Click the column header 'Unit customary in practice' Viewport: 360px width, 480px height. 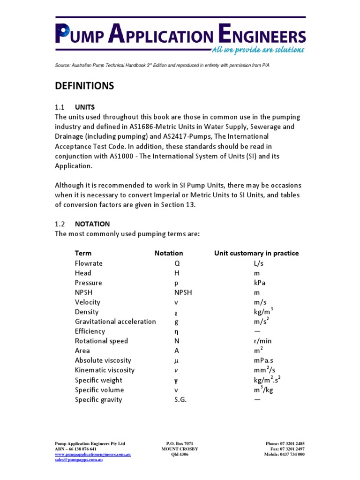pyautogui.click(x=256, y=253)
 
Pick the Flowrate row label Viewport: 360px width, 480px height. pyautogui.click(x=89, y=263)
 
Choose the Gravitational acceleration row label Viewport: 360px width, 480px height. pyautogui.click(x=115, y=322)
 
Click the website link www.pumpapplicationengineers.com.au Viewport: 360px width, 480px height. pyautogui.click(x=93, y=454)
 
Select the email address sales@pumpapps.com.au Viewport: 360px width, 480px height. pyautogui.click(x=79, y=460)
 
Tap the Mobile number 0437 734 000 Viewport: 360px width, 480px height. pyautogui.click(x=292, y=454)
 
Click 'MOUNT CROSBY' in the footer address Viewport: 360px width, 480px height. pyautogui.click(x=180, y=449)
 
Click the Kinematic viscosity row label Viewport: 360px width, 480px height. pyautogui.click(x=105, y=370)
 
